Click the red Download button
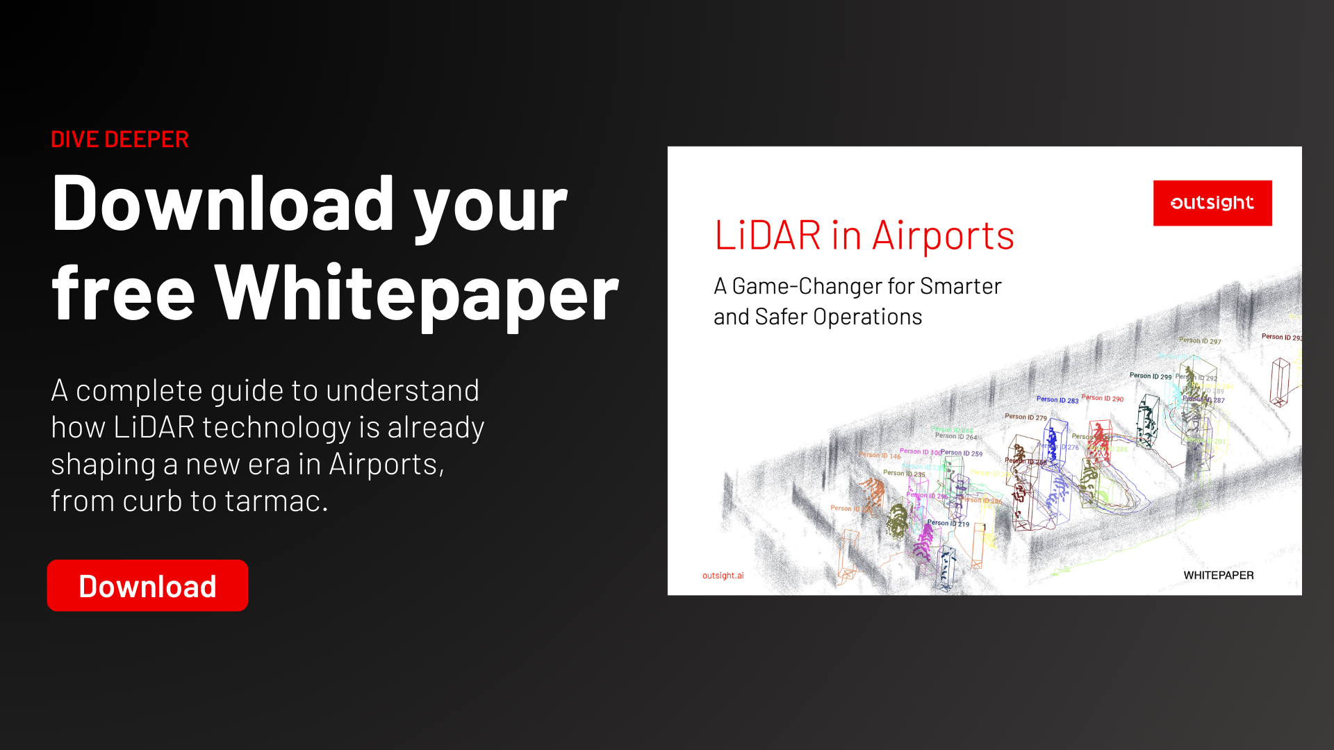coord(147,585)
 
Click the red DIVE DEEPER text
coord(120,140)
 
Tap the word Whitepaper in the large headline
coord(416,294)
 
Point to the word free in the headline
coord(123,294)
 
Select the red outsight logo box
coord(1212,203)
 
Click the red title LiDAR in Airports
coord(864,236)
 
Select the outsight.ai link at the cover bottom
coord(723,576)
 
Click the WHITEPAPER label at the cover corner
coord(1218,575)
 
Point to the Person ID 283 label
coord(1057,400)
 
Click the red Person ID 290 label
coord(1103,398)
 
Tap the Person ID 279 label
coord(1026,417)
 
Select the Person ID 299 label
coord(1150,376)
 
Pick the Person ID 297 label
coord(1200,340)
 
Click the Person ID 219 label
coord(948,523)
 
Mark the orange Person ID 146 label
coord(880,456)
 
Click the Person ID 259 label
coord(962,453)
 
